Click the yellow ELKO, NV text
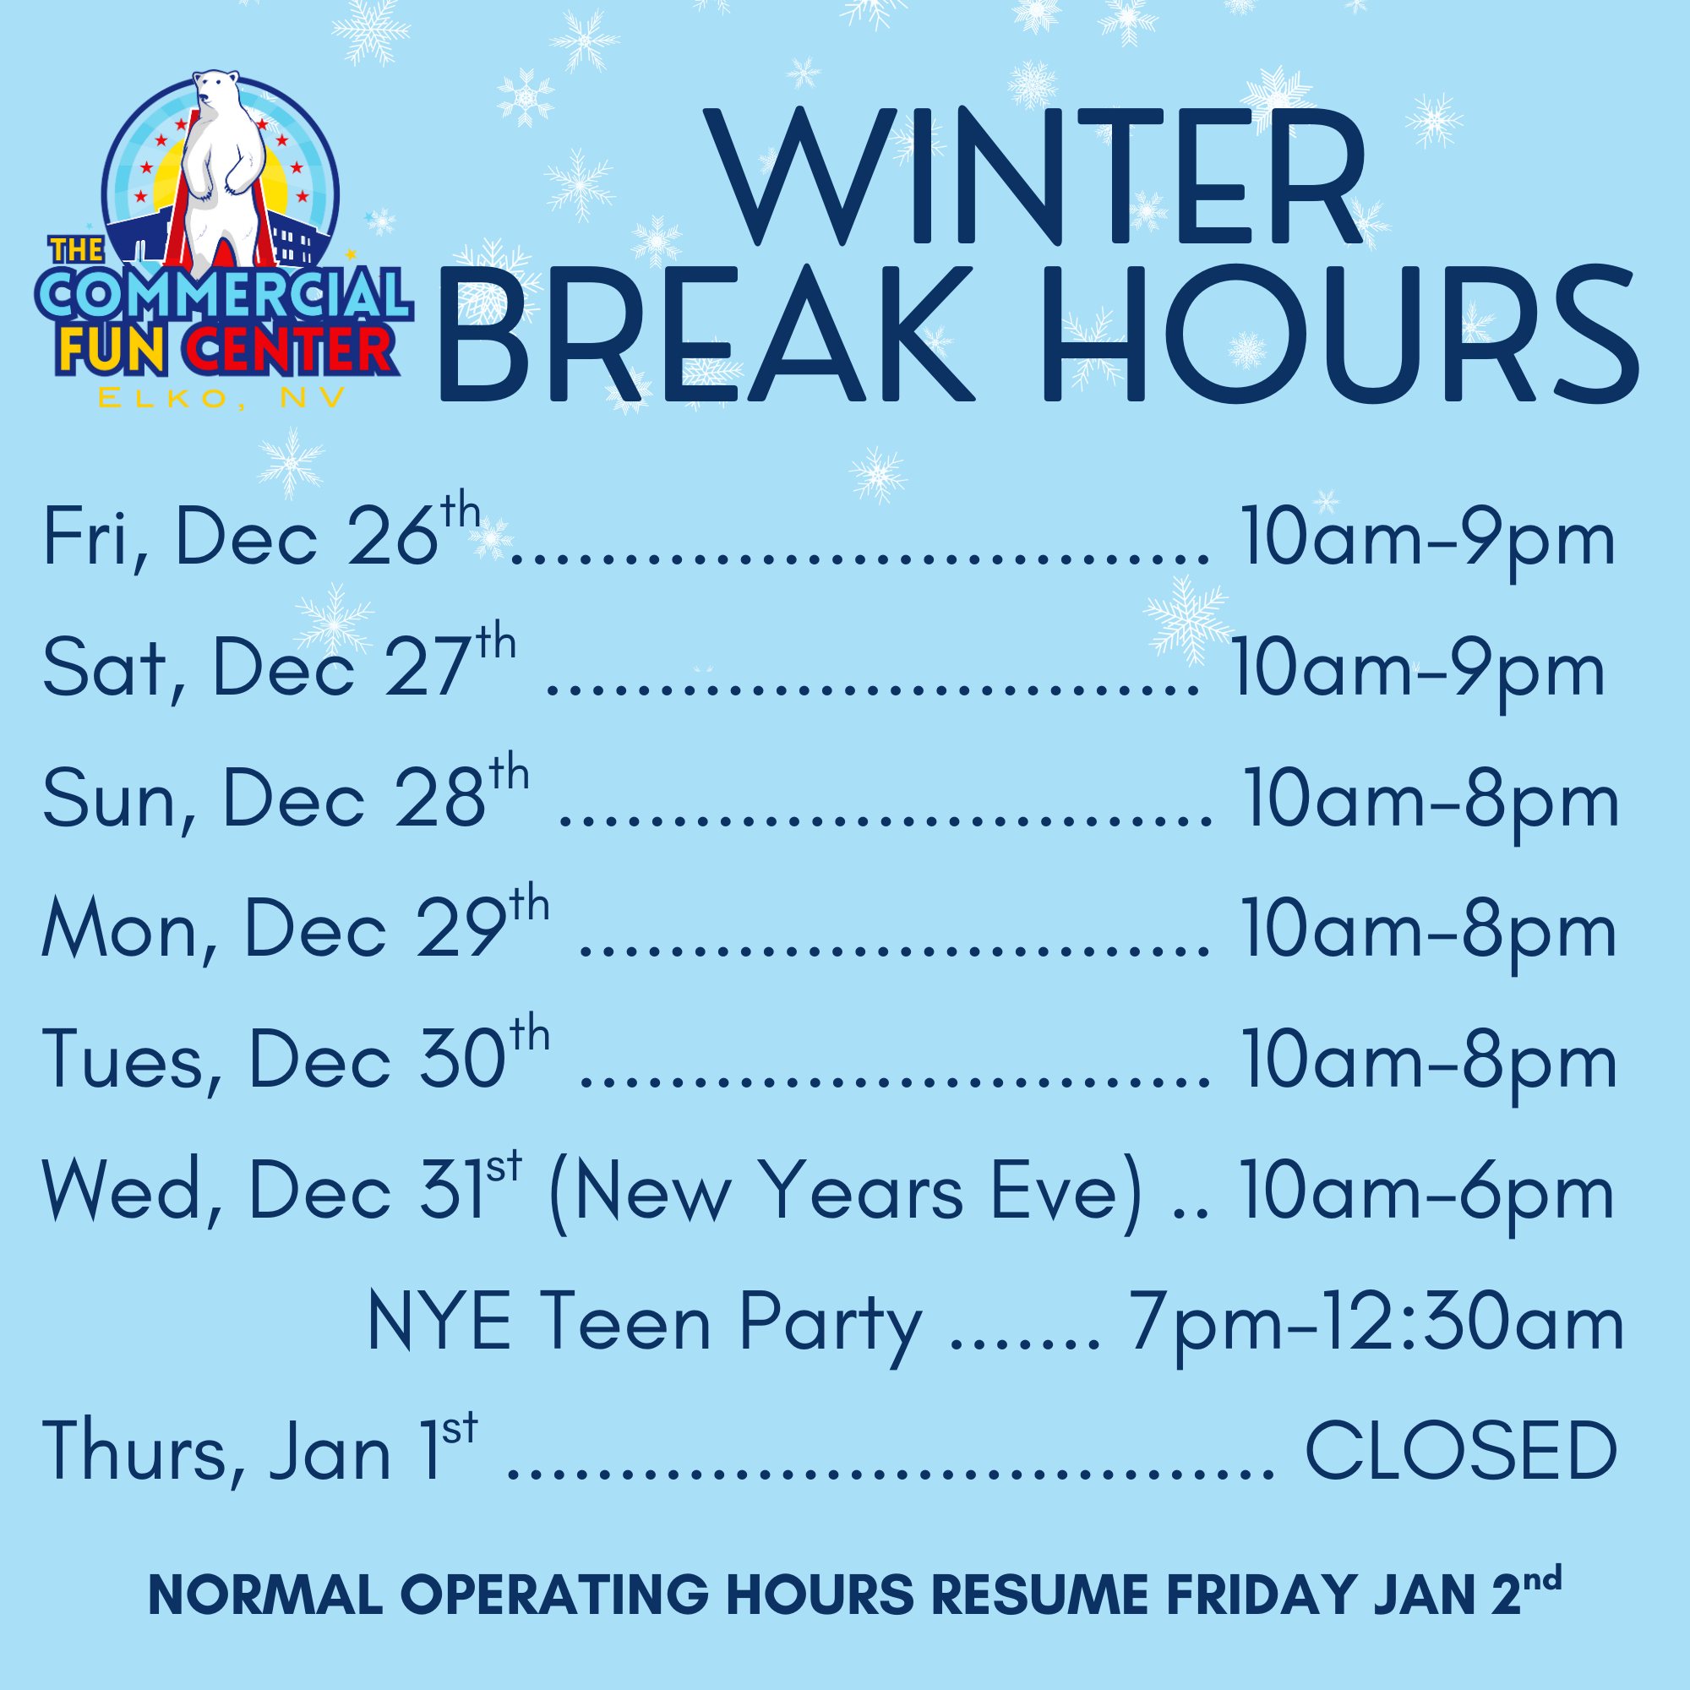click(x=221, y=399)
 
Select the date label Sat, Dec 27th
click(x=278, y=668)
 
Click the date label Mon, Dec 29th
click(x=295, y=929)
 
